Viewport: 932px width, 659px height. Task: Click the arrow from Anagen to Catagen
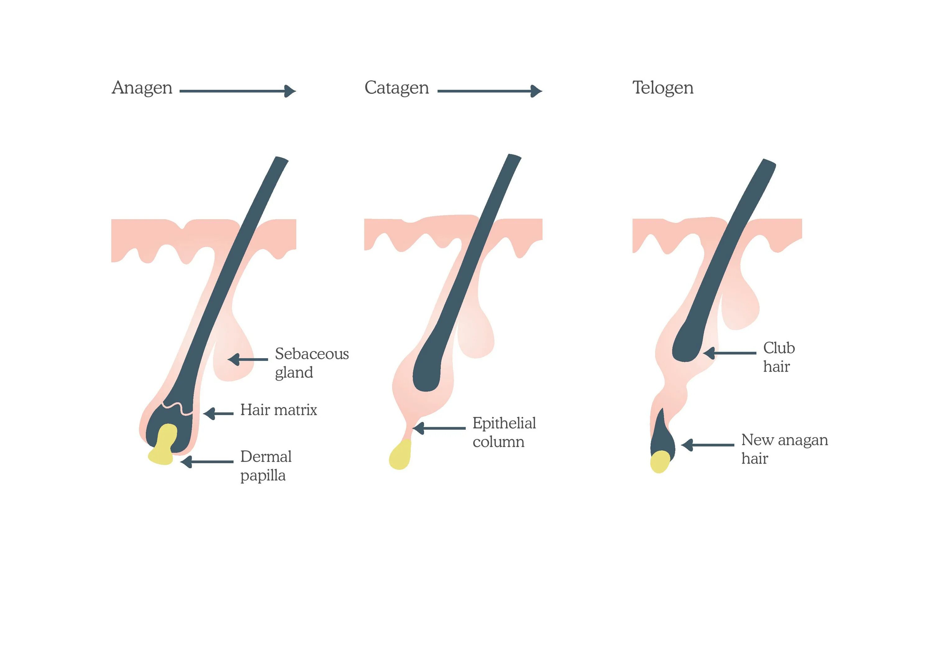(237, 91)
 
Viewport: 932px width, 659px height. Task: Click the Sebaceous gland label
(311, 363)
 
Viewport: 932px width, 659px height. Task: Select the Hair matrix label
(278, 410)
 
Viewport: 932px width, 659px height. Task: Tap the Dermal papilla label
(266, 466)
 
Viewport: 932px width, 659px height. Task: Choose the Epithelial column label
(504, 432)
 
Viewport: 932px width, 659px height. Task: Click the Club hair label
(778, 357)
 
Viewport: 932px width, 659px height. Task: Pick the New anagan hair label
(784, 449)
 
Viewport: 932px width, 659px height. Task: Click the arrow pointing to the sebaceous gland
(248, 359)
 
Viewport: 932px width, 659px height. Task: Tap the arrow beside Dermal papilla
(207, 462)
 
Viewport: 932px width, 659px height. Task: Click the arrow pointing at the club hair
(729, 353)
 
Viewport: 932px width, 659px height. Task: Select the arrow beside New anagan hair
(707, 445)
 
